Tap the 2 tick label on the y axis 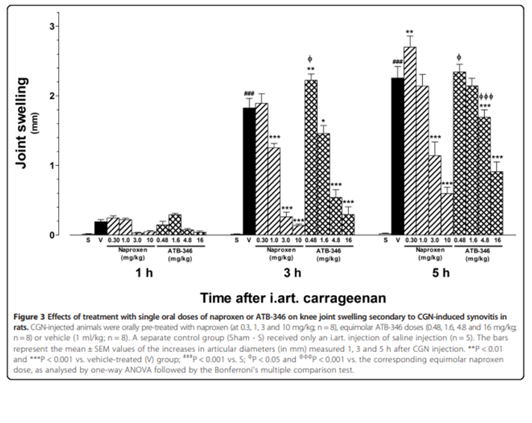click(x=54, y=96)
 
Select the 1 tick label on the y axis click(x=54, y=165)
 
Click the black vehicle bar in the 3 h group click(x=249, y=172)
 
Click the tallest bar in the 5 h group click(x=409, y=142)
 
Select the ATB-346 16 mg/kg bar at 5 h click(x=496, y=203)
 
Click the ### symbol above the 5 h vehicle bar click(x=398, y=62)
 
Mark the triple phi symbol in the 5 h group click(x=486, y=96)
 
